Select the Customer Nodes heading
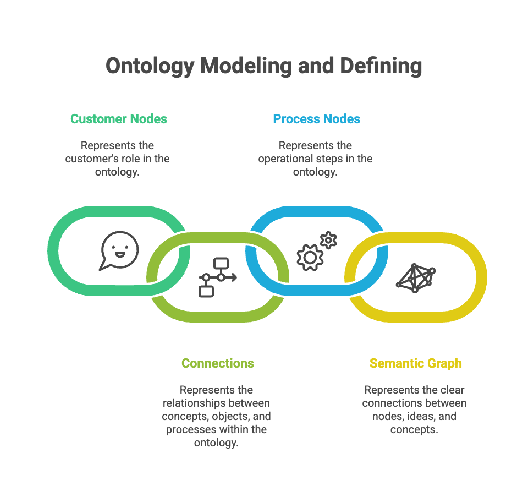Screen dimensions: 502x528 (119, 119)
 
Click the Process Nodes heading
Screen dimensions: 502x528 (317, 119)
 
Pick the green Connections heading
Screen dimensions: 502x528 (218, 363)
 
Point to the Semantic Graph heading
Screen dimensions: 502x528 (416, 363)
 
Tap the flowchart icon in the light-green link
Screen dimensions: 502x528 (217, 277)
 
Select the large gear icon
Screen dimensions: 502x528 (310, 257)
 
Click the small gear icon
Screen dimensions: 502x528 (328, 240)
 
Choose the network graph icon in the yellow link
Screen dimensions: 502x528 (416, 277)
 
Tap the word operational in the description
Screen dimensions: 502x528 (287, 159)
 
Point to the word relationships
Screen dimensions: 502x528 (196, 403)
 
